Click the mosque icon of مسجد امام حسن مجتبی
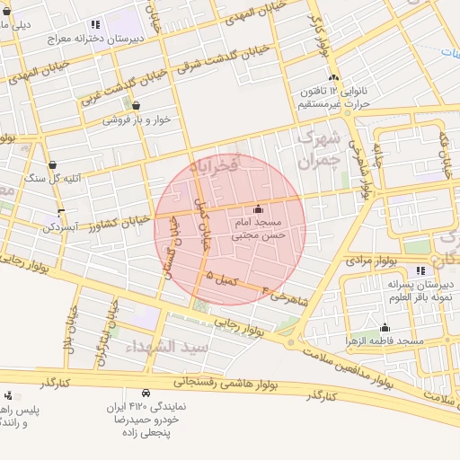(x=259, y=208)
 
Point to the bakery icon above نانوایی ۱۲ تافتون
(x=333, y=78)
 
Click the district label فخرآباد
(x=215, y=165)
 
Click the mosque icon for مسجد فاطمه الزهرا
(x=385, y=328)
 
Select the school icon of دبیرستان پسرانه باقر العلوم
(x=420, y=270)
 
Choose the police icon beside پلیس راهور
(x=9, y=395)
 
